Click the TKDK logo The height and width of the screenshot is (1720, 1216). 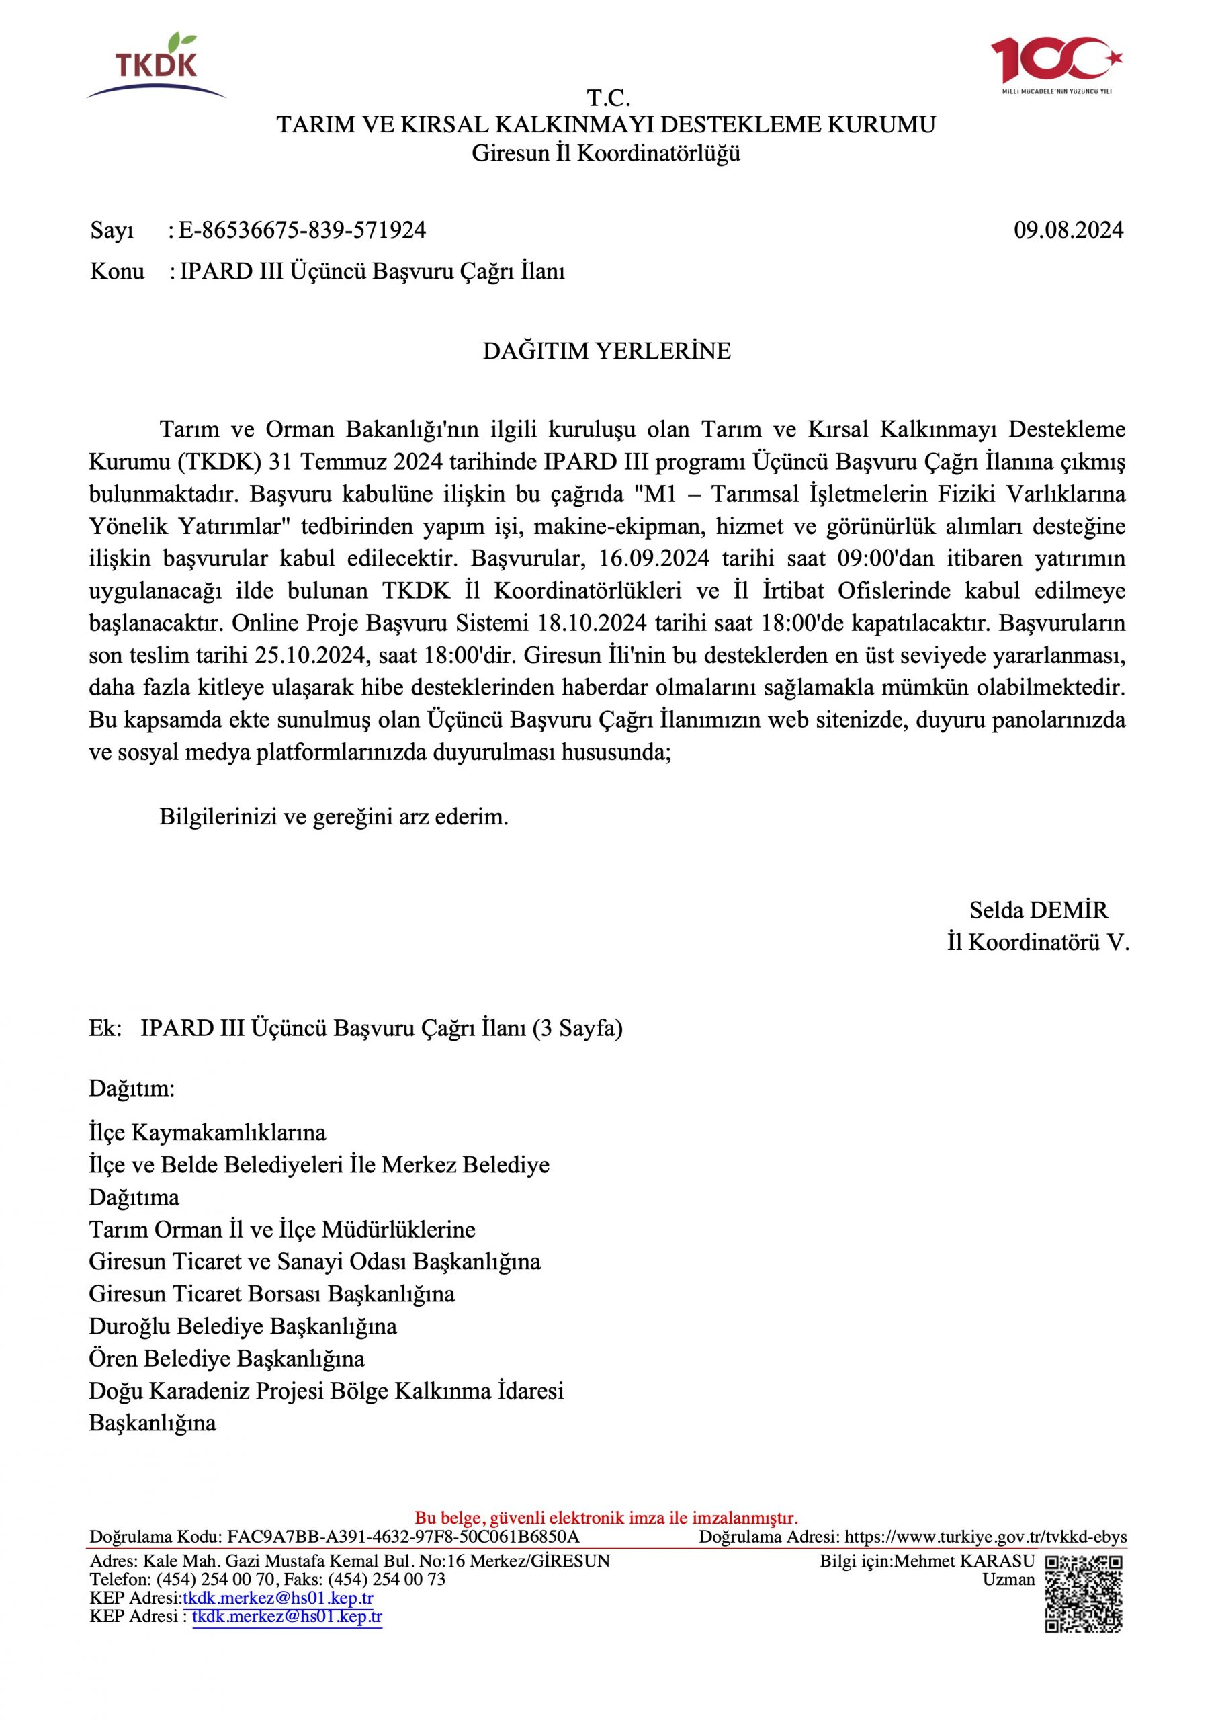click(156, 66)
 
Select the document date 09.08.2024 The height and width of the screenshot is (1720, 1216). click(1068, 230)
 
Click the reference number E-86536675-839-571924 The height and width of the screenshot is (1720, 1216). click(302, 230)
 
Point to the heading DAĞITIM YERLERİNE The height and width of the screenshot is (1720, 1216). click(606, 351)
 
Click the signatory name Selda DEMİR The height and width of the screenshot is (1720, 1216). click(1038, 910)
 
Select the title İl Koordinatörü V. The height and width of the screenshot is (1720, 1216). click(1038, 943)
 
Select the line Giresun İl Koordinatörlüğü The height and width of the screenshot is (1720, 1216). click(606, 154)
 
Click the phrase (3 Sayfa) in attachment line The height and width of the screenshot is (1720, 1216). click(577, 1029)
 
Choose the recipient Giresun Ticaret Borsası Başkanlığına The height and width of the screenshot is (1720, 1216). click(271, 1294)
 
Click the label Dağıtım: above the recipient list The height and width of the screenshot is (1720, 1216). click(131, 1089)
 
